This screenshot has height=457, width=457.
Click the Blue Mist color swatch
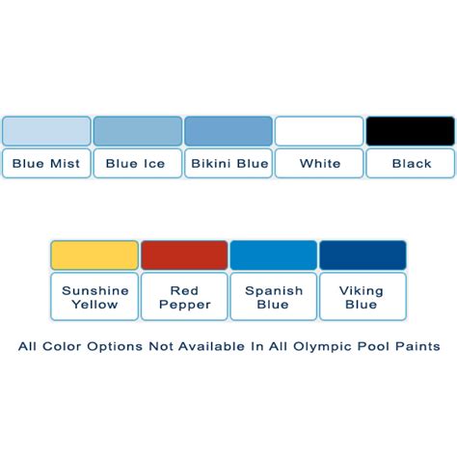(x=46, y=131)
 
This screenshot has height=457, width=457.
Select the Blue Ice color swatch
(x=138, y=131)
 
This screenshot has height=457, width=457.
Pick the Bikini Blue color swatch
(x=228, y=131)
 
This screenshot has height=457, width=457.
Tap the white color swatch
(x=319, y=131)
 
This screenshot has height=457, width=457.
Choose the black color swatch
(x=411, y=131)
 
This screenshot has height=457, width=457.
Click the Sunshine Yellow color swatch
(x=94, y=255)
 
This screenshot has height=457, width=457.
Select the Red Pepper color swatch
(x=184, y=255)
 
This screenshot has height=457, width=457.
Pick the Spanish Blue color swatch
(x=274, y=255)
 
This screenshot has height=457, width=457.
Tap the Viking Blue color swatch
(x=363, y=255)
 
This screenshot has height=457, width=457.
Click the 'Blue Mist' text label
(x=46, y=164)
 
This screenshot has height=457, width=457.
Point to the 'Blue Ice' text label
(x=135, y=164)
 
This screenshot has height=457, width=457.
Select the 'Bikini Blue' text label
(x=229, y=164)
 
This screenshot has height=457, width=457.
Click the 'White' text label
(x=320, y=164)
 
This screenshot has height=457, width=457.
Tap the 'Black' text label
(x=412, y=164)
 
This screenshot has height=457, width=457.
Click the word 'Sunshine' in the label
(x=95, y=291)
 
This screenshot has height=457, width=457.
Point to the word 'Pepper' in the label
(x=185, y=305)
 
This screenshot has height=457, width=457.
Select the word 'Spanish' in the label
(x=274, y=291)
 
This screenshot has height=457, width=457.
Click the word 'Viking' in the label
(x=362, y=291)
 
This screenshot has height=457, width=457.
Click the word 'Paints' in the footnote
(x=417, y=346)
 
